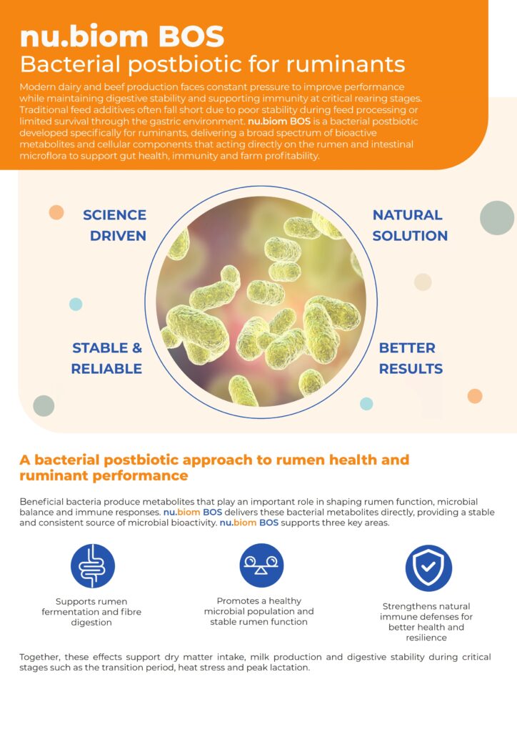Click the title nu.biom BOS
point(121,36)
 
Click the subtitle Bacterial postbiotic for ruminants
point(212,64)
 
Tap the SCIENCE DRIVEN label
point(115,225)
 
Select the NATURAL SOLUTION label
point(410,225)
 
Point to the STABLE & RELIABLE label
point(107,358)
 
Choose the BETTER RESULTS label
point(411,358)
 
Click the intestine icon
point(93,566)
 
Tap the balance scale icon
point(261,565)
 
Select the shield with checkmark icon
point(428,568)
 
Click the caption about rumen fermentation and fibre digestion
point(91,612)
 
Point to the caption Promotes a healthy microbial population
point(258,611)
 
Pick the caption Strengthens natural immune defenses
point(426,622)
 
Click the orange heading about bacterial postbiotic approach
point(214,468)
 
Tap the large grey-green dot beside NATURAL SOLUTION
point(497,218)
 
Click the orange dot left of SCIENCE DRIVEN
point(56,212)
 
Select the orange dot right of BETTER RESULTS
point(475,396)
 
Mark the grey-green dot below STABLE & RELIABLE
point(44,406)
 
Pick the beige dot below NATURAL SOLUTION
point(423,282)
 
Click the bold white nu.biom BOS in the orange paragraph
point(279,122)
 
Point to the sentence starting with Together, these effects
point(255,662)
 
